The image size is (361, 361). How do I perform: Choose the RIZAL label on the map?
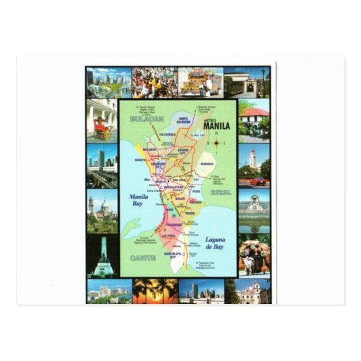(223, 192)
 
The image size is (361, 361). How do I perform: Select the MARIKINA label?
(207, 163)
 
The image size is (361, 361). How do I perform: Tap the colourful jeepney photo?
(201, 82)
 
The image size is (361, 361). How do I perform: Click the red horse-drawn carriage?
(102, 130)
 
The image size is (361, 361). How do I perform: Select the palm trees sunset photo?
(155, 291)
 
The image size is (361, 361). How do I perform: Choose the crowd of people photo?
(155, 82)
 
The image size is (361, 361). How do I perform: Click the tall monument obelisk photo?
(102, 255)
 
